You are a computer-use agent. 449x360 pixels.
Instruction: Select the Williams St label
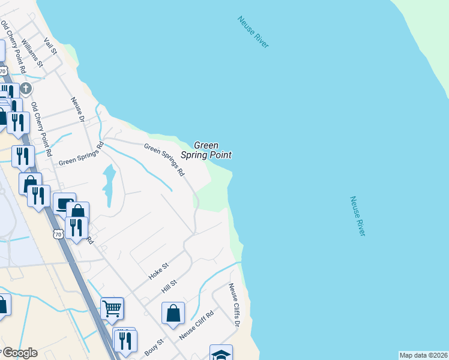(x=32, y=52)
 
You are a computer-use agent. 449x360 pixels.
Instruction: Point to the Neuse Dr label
(x=76, y=110)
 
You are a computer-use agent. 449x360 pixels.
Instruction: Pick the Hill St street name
(x=170, y=286)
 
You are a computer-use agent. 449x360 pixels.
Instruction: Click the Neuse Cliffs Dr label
(x=234, y=305)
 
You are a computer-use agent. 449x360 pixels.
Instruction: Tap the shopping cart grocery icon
(x=112, y=308)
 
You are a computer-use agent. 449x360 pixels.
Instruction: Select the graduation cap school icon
(x=221, y=354)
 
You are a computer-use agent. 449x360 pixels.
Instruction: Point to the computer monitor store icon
(x=64, y=203)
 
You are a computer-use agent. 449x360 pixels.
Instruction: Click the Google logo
(x=19, y=353)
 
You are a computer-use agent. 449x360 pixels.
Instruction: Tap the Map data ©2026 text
(x=423, y=355)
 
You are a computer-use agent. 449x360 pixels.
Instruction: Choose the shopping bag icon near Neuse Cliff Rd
(x=173, y=313)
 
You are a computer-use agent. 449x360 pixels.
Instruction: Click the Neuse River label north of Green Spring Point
(x=253, y=32)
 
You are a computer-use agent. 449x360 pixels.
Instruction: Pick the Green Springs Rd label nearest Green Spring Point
(x=164, y=158)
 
